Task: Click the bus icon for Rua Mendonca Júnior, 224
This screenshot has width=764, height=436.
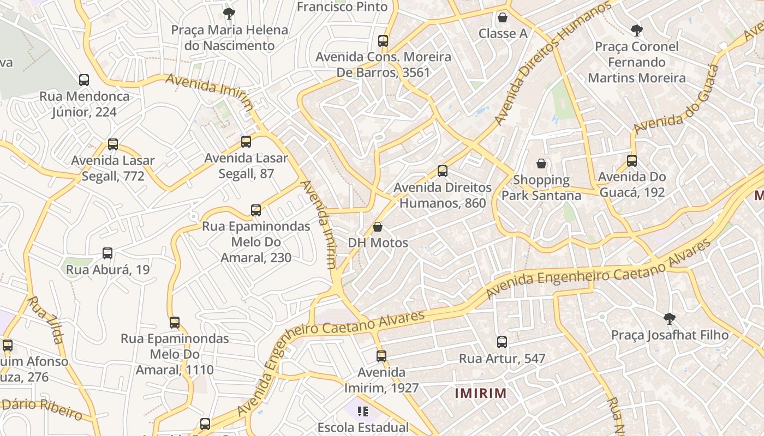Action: click(84, 80)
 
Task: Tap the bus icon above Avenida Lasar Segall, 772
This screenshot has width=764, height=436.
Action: click(113, 144)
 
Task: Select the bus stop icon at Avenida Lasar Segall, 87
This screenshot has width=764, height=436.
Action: click(246, 142)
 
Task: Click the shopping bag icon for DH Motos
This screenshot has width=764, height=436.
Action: click(378, 227)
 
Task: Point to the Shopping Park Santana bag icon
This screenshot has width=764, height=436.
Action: click(541, 163)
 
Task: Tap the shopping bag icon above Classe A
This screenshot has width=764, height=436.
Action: click(503, 17)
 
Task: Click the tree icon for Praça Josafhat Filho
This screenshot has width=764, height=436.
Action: click(669, 318)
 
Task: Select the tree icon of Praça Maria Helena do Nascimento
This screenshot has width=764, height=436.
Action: click(229, 13)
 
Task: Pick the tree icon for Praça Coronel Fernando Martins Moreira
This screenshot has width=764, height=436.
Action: click(636, 30)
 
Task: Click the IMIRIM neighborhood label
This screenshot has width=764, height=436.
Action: click(481, 393)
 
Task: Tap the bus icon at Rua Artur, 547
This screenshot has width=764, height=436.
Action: click(502, 342)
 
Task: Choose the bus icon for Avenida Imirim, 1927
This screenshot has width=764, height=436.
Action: click(381, 356)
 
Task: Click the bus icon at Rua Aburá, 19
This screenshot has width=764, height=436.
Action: click(108, 253)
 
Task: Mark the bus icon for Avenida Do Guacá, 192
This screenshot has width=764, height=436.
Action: click(632, 161)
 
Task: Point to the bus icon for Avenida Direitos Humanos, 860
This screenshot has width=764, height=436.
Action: click(443, 171)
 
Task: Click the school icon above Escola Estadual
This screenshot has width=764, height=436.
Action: click(363, 411)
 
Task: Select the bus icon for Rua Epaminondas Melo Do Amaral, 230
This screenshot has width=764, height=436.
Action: click(256, 210)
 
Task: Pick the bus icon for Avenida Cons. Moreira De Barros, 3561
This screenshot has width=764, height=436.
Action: click(383, 40)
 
